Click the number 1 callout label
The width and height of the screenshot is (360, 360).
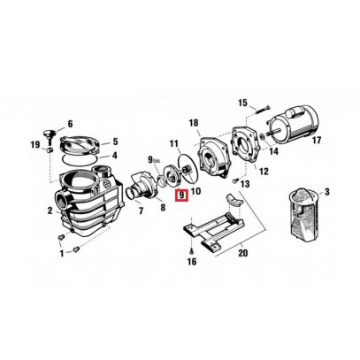(x=62, y=254)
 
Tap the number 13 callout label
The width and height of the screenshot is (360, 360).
(x=243, y=184)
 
